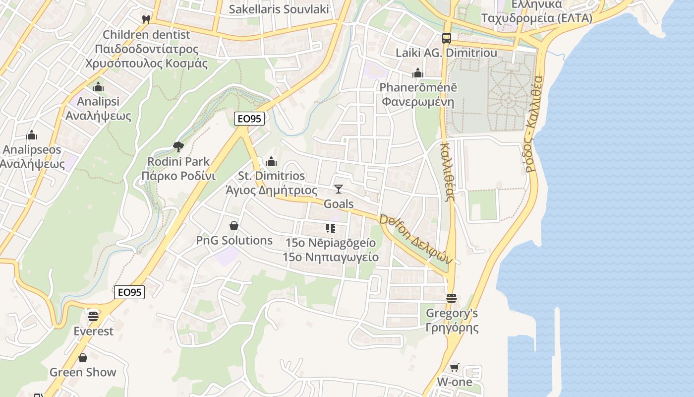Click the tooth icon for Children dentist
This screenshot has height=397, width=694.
point(146,20)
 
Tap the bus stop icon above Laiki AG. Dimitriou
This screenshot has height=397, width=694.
point(446,38)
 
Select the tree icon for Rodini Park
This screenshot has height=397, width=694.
point(178,146)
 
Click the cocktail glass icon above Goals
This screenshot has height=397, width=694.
point(339,189)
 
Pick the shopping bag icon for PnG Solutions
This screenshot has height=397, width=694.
point(234,226)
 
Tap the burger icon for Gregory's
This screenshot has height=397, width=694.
point(451,298)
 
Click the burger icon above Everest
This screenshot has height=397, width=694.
point(93,316)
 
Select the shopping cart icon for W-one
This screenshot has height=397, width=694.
point(454,368)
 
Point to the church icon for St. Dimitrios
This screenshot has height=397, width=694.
point(271,161)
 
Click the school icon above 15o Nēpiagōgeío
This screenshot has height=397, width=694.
point(330,228)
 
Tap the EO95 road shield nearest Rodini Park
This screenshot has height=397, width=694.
point(249,118)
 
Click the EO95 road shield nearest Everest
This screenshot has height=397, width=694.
point(129,292)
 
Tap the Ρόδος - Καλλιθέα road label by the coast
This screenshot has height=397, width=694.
point(534,124)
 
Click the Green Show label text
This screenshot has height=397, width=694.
point(83,372)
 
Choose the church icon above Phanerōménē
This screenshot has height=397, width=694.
point(417,73)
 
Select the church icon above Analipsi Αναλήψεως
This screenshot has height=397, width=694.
point(98,87)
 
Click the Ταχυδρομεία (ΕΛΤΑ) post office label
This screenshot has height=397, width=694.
point(537,18)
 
